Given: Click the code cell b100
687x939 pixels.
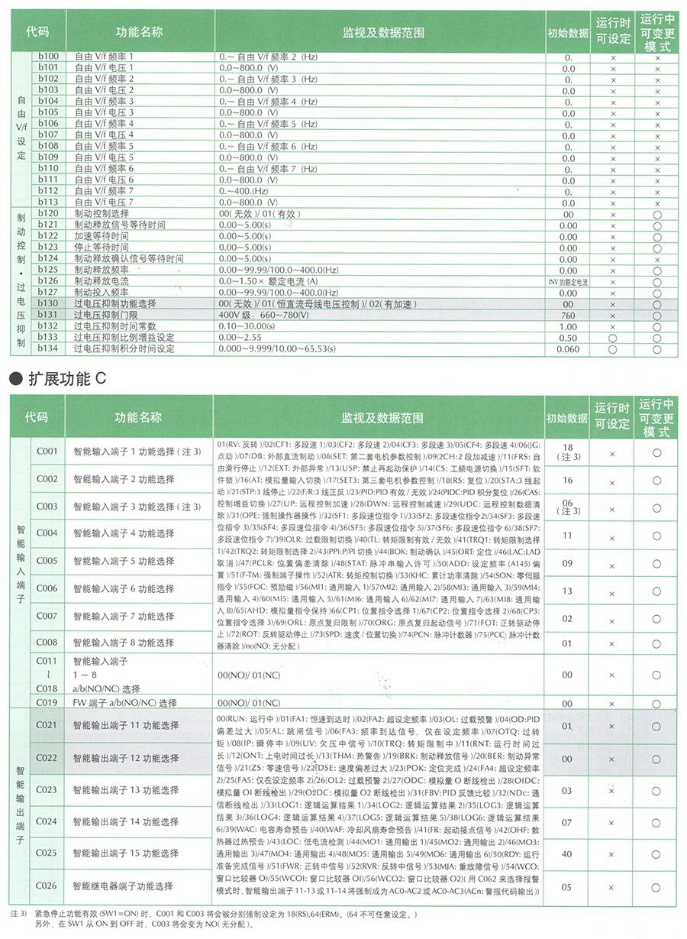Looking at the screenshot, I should pyautogui.click(x=48, y=57).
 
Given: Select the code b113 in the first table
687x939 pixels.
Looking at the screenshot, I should pyautogui.click(x=48, y=202).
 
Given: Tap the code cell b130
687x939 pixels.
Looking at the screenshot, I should pyautogui.click(x=48, y=303).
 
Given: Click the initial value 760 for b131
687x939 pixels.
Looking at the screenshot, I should pyautogui.click(x=568, y=315).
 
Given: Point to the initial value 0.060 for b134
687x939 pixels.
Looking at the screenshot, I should pyautogui.click(x=568, y=348).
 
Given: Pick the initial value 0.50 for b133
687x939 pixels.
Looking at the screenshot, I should pyautogui.click(x=568, y=337).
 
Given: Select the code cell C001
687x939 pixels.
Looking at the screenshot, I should pyautogui.click(x=47, y=452).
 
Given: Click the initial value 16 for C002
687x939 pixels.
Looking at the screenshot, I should pyautogui.click(x=568, y=480).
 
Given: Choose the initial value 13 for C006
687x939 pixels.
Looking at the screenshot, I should pyautogui.click(x=568, y=591).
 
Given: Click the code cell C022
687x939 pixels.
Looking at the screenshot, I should pyautogui.click(x=47, y=758).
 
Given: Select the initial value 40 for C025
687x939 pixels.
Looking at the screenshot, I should pyautogui.click(x=568, y=853).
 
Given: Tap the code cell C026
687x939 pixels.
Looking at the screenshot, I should pyautogui.click(x=47, y=886).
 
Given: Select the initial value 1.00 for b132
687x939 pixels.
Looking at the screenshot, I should pyautogui.click(x=568, y=326).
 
